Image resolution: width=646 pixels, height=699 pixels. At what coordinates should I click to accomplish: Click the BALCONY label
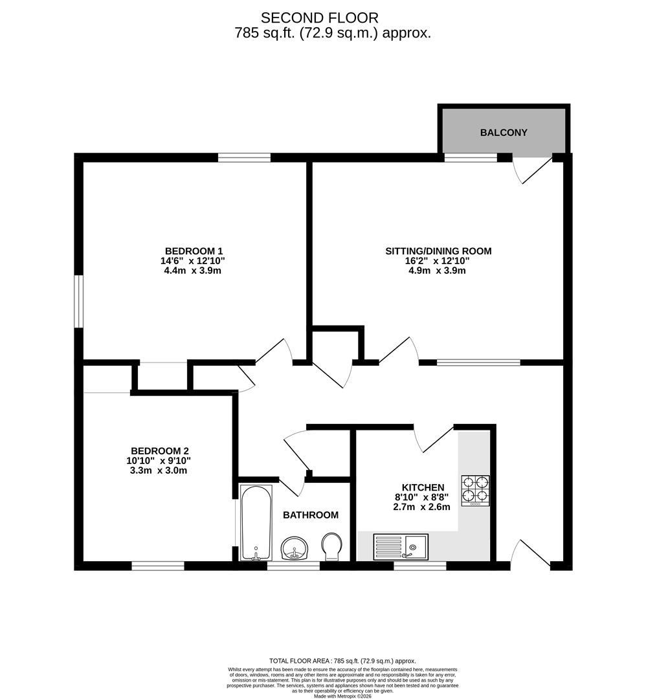(x=504, y=133)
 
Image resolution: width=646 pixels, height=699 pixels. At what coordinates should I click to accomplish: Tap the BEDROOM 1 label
(x=194, y=251)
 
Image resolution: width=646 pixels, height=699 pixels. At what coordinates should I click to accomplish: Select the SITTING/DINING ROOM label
(x=438, y=251)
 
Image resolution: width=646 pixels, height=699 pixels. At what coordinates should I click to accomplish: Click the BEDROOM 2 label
(x=159, y=451)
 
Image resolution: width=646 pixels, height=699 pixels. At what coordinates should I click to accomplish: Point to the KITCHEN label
(x=423, y=487)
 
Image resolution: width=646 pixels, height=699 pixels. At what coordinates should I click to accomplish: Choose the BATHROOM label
(x=311, y=515)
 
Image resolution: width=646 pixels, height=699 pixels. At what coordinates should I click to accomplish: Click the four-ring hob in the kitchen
(x=475, y=491)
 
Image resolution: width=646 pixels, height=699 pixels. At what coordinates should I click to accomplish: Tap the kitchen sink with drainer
(x=400, y=547)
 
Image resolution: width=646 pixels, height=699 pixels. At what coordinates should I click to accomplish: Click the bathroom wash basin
(x=295, y=548)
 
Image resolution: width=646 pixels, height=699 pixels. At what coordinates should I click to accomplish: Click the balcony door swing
(x=532, y=170)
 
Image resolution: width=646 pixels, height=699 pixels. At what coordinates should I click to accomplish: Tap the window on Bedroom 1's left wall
(x=78, y=302)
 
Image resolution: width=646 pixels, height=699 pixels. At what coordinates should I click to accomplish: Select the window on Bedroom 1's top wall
(x=244, y=157)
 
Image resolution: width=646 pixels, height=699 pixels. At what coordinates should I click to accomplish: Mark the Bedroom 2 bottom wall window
(x=158, y=566)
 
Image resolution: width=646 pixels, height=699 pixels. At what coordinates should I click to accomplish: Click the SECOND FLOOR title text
(x=319, y=18)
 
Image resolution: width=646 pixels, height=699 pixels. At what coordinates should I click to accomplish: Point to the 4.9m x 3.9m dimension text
(x=438, y=271)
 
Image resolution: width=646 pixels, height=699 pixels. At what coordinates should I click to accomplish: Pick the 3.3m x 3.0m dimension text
(x=159, y=471)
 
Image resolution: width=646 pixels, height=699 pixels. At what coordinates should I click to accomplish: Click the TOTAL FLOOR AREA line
(x=342, y=661)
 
